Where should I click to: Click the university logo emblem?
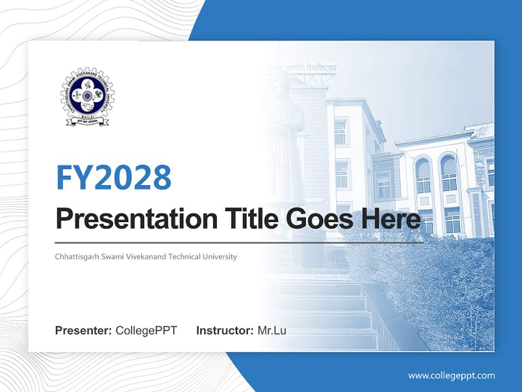(x=87, y=97)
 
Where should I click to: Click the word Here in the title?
(x=393, y=219)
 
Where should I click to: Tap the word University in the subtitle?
(x=220, y=256)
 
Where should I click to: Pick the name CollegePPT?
(x=146, y=330)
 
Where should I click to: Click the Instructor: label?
(x=225, y=330)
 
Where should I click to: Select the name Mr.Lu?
(x=272, y=330)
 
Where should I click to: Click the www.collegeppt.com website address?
(x=451, y=375)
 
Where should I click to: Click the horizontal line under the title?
(x=239, y=242)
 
